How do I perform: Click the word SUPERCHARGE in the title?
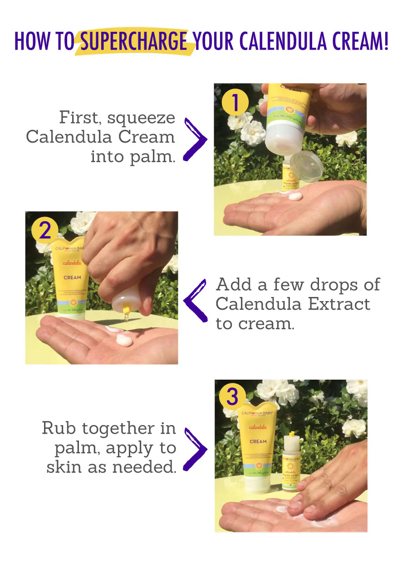pos(134,41)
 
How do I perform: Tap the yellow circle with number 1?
pos(235,104)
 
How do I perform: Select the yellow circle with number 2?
pos(45,231)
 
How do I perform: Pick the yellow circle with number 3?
pos(232,396)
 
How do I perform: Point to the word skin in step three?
pos(65,467)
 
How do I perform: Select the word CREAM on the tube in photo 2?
pos(72,277)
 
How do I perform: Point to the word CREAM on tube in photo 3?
pos(258,441)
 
